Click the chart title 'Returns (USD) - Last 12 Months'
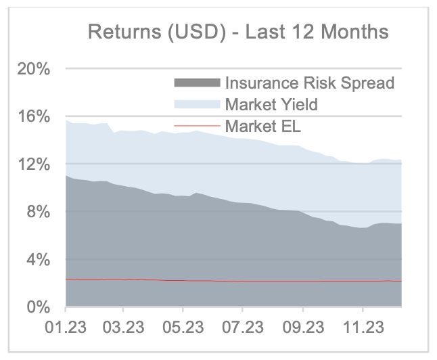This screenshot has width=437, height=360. [239, 32]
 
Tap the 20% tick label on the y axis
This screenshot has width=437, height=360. [32, 69]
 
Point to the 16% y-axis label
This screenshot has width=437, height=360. [32, 116]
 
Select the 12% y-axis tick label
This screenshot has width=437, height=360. [32, 164]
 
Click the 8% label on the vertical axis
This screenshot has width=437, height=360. [36, 212]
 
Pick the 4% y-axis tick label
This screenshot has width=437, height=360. [36, 260]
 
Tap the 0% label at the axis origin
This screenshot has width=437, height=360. [36, 307]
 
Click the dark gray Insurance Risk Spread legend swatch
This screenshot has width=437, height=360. [198, 83]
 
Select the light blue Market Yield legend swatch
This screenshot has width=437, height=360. [198, 104]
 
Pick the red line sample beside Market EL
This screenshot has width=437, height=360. [198, 125]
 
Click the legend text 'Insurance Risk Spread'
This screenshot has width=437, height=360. [309, 83]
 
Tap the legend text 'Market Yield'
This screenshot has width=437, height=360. [271, 104]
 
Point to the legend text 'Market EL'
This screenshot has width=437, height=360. [260, 125]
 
